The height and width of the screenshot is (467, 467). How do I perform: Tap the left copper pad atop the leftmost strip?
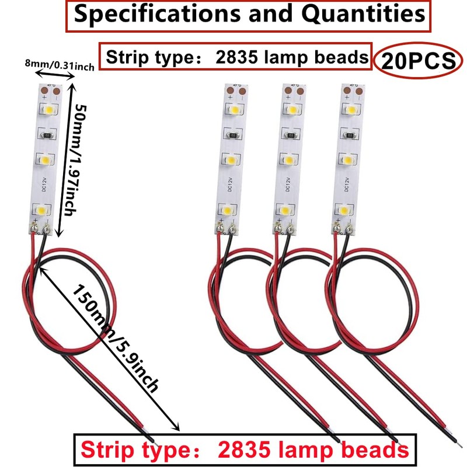45,90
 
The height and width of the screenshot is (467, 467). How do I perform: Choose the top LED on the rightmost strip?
351,109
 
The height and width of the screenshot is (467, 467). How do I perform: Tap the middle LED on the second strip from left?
231,159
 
